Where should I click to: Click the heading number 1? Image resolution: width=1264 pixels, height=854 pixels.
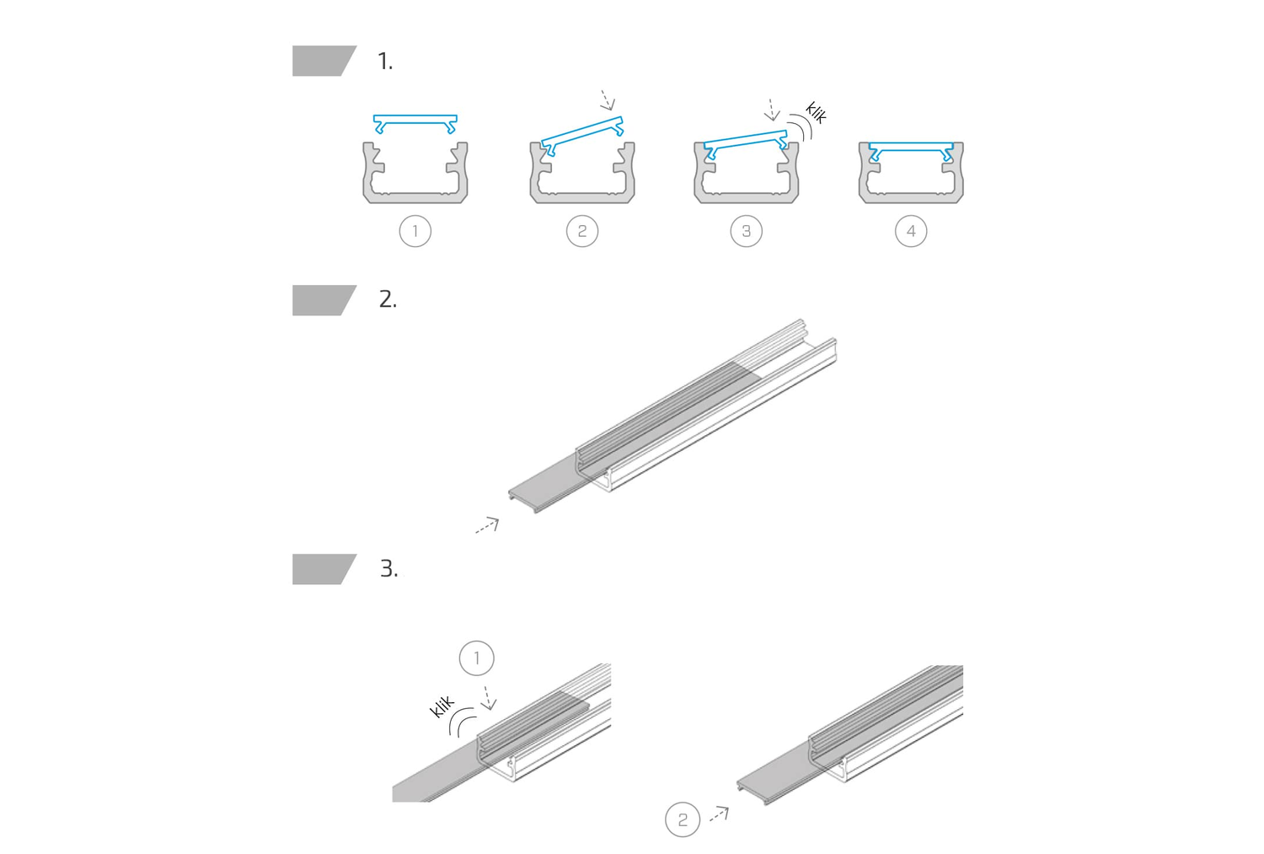pos(385,61)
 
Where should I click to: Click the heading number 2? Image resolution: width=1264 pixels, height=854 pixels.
pos(388,299)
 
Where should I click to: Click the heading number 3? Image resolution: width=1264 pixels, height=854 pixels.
pos(388,568)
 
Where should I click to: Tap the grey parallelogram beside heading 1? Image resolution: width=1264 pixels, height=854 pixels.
pos(324,61)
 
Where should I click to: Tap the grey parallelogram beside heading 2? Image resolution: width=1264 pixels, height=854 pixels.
pos(324,300)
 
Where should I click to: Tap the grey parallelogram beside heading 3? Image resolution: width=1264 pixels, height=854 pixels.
pos(324,569)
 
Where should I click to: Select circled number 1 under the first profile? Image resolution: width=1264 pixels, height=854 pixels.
pos(415,231)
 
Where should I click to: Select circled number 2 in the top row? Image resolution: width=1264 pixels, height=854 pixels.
pos(582,231)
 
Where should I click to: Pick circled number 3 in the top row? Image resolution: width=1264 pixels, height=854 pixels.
pos(747,231)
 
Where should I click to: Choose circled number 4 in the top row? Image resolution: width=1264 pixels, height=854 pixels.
pos(911,231)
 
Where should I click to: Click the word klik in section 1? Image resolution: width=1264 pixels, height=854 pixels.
pos(816,112)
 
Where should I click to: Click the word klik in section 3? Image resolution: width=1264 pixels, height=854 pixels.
pos(442,706)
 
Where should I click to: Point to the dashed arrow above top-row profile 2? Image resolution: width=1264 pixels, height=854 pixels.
pos(608,100)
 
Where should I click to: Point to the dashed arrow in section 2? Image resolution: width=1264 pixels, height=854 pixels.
pos(487,525)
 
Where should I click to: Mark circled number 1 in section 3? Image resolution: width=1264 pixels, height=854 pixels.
pos(477,658)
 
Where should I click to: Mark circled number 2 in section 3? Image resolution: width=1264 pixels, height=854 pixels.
pos(683,819)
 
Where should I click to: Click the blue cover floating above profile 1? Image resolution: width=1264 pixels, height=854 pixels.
pos(415,121)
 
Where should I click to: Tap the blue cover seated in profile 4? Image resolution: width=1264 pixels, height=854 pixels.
pos(911,148)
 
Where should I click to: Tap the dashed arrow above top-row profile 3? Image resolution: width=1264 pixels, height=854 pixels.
pos(771,110)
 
